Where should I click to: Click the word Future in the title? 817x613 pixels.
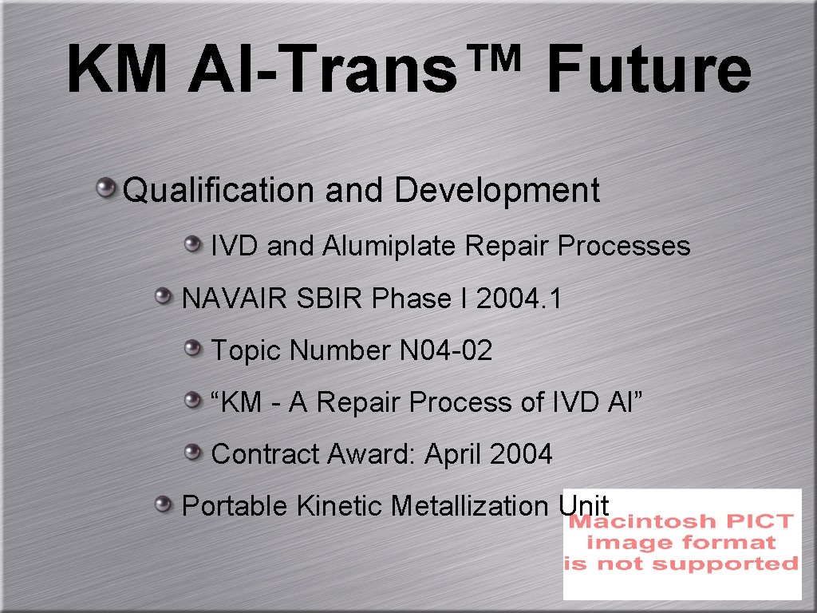tap(648, 70)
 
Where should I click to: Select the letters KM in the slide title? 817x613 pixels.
tap(116, 70)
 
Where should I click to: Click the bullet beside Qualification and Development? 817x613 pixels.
tap(105, 189)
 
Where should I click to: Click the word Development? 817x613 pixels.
tap(496, 191)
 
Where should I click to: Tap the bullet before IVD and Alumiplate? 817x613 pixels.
tap(192, 243)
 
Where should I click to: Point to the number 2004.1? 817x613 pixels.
tap(519, 299)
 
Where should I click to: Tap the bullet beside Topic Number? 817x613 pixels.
tap(192, 348)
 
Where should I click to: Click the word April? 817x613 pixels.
tap(453, 454)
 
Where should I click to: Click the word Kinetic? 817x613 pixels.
tap(341, 506)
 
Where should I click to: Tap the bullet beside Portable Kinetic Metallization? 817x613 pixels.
tap(164, 504)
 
